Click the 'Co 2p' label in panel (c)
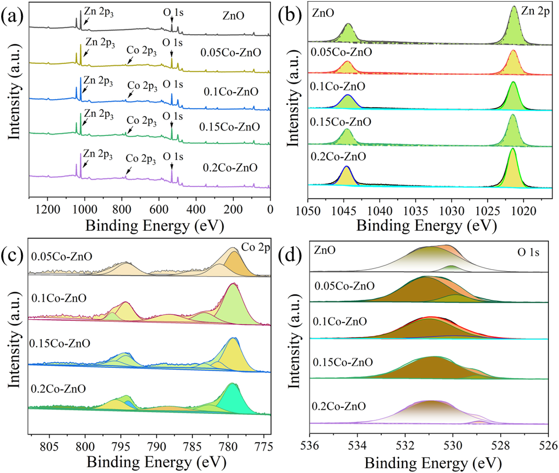(256, 248)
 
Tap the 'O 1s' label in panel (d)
(528, 253)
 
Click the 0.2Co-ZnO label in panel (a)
(230, 168)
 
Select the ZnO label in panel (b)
(323, 13)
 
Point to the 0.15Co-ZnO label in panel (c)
(60, 343)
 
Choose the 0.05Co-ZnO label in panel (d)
(344, 286)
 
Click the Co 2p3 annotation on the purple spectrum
(141, 159)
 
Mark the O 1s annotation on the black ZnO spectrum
(173, 13)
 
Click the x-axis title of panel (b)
(426, 226)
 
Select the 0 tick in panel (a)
(269, 209)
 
